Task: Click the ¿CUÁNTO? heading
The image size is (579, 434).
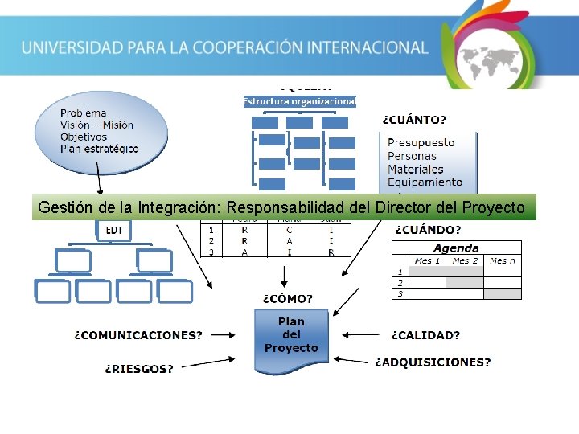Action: [413, 120]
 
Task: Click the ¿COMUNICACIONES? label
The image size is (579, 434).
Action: [138, 335]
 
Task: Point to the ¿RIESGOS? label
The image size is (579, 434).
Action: [139, 369]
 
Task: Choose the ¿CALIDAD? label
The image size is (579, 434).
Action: [425, 335]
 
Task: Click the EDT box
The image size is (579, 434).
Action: [115, 230]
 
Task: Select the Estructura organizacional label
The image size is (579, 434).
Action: [299, 101]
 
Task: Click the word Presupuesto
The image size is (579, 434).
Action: [421, 142]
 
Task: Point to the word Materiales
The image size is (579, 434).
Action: [415, 170]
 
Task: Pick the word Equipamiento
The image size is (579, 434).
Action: [425, 182]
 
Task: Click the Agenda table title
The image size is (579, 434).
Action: [456, 248]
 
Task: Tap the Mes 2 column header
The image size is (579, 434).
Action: [465, 260]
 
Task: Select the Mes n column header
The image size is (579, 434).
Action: [503, 260]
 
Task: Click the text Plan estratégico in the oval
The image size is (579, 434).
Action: [99, 149]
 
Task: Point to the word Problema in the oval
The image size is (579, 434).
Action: [83, 113]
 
